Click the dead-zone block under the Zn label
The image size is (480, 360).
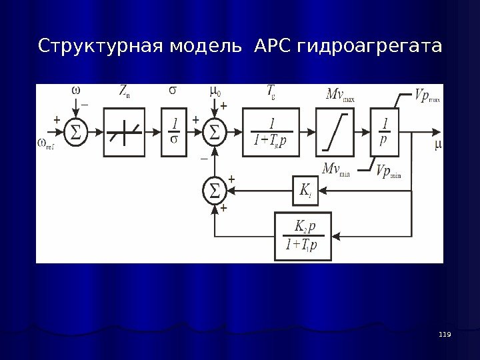124,132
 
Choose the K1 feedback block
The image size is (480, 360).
306,190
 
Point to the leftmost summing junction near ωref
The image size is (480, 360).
76,131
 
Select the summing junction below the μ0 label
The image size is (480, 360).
214,131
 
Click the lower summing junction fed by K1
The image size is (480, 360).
214,190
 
